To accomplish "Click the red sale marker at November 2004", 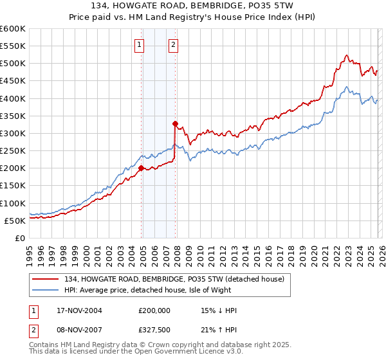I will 141,168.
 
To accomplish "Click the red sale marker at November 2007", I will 175,123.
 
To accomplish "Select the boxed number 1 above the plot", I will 140,45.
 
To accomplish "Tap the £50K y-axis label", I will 14,221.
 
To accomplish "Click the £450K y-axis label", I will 12,81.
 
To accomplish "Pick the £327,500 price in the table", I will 154,330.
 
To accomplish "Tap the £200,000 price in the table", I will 154,310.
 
